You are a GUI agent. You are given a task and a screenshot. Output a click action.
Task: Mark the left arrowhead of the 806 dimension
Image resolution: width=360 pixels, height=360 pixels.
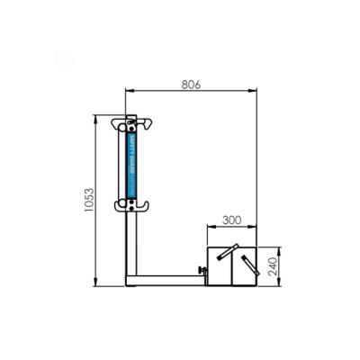pyautogui.click(x=129, y=92)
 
